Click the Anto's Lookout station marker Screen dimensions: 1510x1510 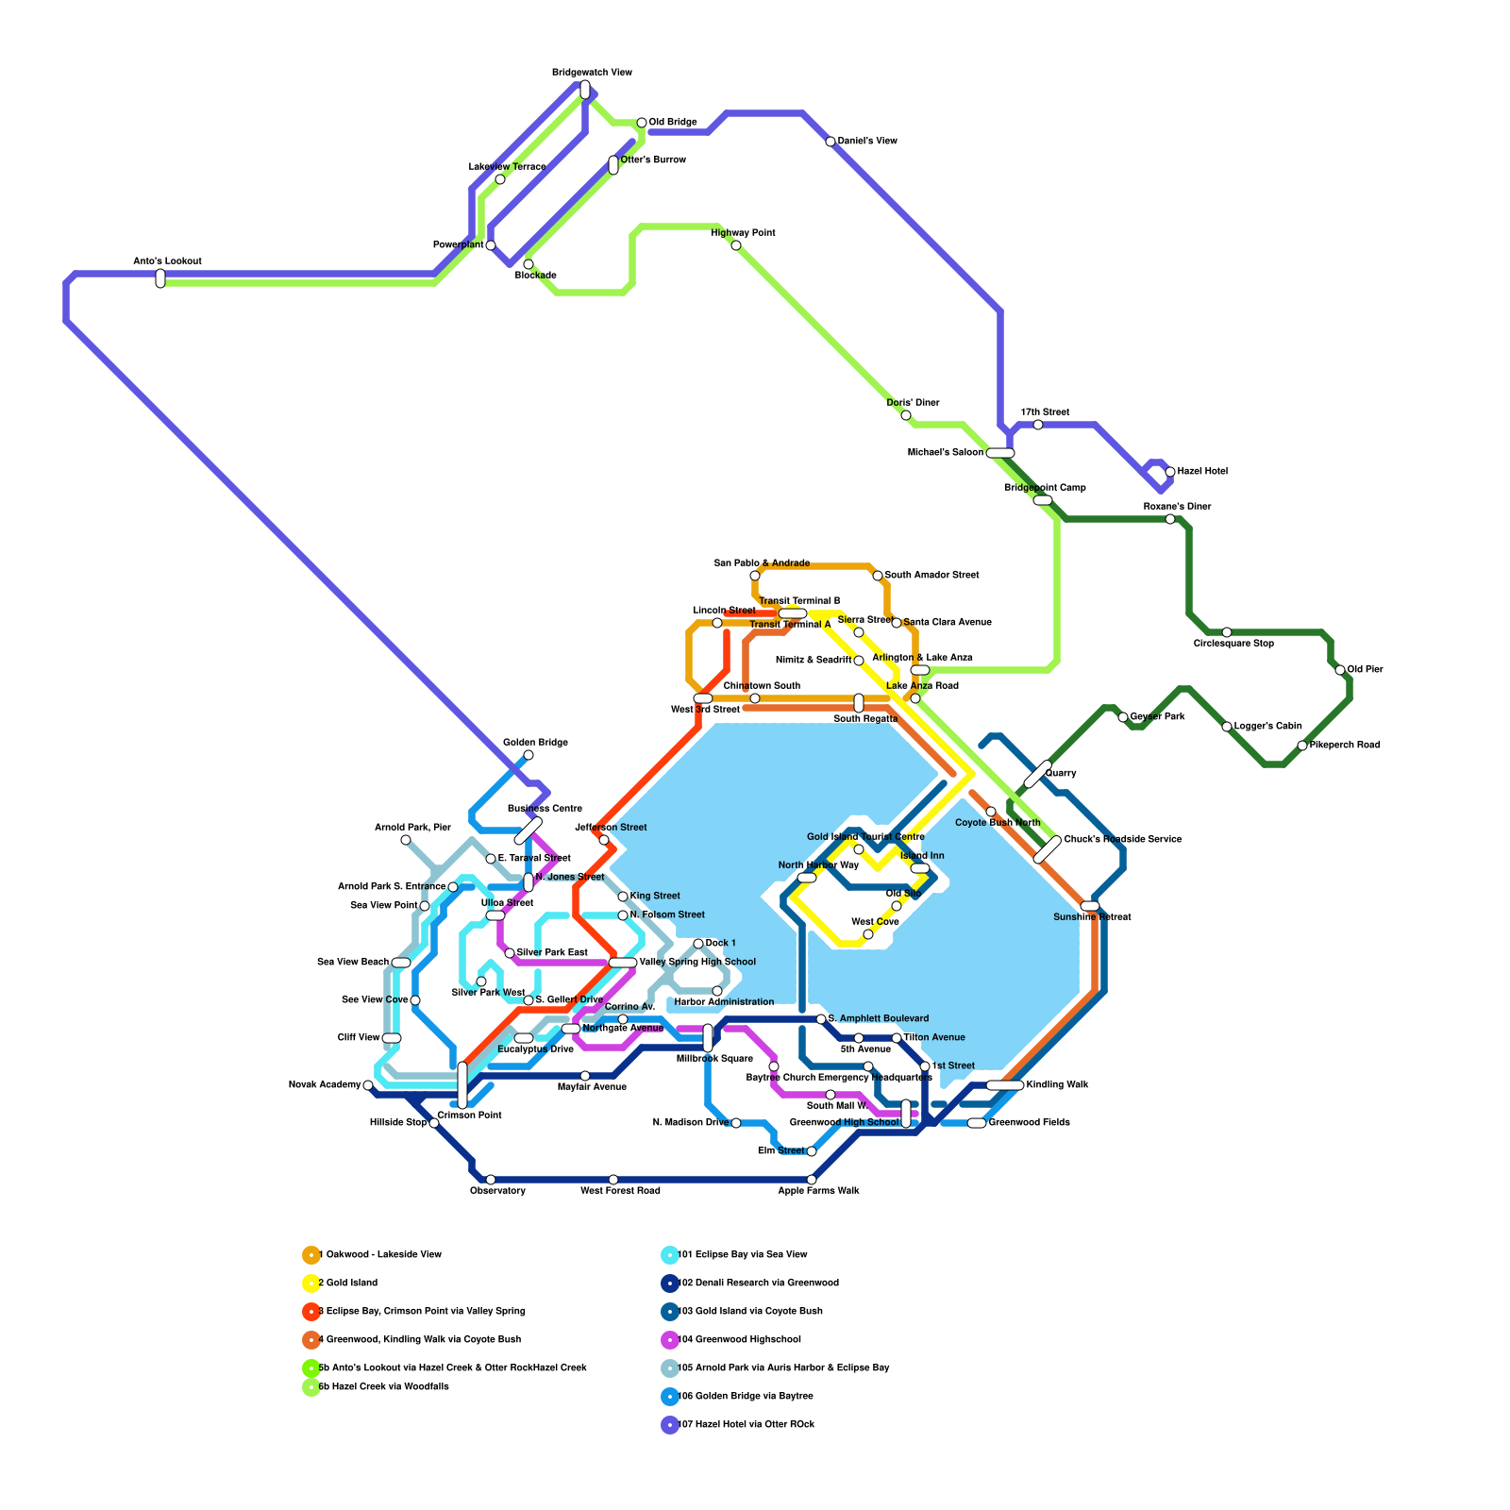pos(160,278)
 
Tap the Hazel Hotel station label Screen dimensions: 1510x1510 pos(1202,471)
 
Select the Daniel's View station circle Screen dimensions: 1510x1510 pos(830,142)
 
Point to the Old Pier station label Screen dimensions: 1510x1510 pos(1365,669)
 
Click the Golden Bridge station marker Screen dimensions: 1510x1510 pos(528,755)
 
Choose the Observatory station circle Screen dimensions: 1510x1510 pos(491,1180)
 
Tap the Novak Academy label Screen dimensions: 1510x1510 pos(324,1084)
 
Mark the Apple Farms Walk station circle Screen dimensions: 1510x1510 pos(812,1180)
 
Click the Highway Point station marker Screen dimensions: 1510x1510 pos(736,245)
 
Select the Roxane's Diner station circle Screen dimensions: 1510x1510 pos(1170,519)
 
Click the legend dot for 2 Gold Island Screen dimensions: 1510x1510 pos(310,1283)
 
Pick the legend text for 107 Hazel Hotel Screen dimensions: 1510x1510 pos(746,1424)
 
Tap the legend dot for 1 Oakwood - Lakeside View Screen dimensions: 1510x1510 pos(310,1255)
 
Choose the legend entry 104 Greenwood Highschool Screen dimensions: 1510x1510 pos(739,1339)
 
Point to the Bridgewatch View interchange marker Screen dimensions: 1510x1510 pos(585,90)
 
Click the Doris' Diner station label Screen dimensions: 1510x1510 pos(913,403)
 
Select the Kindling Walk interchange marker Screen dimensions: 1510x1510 pos(1005,1085)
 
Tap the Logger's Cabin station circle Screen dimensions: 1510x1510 pos(1227,727)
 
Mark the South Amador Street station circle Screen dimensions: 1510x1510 pos(878,576)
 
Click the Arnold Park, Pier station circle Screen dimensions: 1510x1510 pos(406,840)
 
